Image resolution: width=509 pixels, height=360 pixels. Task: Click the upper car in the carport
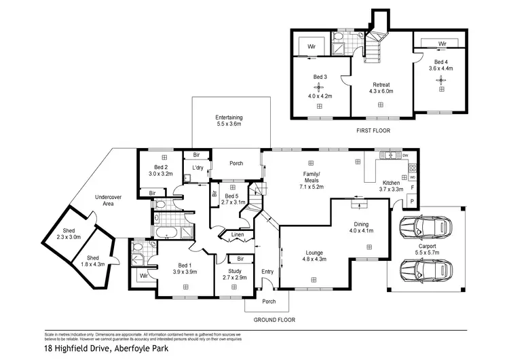click(x=423, y=228)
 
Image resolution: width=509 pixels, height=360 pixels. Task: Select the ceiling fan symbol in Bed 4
click(x=441, y=80)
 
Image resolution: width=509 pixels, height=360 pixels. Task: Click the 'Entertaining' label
click(x=229, y=117)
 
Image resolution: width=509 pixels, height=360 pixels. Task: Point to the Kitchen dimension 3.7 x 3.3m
click(x=391, y=190)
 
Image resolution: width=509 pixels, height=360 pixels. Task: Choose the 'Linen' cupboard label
click(x=237, y=235)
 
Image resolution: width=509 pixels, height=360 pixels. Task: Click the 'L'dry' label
click(x=198, y=168)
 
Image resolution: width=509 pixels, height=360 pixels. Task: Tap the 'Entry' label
click(x=267, y=272)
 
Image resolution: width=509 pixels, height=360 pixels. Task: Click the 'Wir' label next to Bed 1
click(x=143, y=276)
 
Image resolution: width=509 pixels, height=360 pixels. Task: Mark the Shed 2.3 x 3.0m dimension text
click(x=69, y=237)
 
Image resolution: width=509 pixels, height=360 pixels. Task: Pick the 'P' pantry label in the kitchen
click(x=411, y=202)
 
